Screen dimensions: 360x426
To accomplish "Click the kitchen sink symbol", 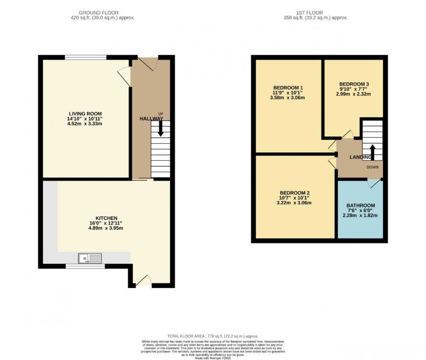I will pyautogui.click(x=90, y=258).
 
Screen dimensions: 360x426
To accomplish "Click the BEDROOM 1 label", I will pyautogui.click(x=288, y=88).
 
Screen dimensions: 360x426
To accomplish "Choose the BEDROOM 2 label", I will pyautogui.click(x=294, y=193).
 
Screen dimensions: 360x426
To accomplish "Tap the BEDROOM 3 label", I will pyautogui.click(x=354, y=84).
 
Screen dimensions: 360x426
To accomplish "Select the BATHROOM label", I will pyautogui.click(x=360, y=206).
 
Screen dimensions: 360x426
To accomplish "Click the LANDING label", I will pyautogui.click(x=360, y=157).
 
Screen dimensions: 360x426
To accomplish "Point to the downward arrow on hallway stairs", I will pyautogui.click(x=160, y=128).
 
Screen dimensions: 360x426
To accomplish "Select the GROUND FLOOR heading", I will pyautogui.click(x=98, y=13).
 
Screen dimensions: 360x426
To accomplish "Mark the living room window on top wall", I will pyautogui.click(x=85, y=57).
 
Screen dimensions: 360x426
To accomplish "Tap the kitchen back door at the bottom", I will pyautogui.click(x=142, y=281).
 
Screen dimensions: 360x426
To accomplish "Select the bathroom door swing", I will pyautogui.click(x=373, y=184).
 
